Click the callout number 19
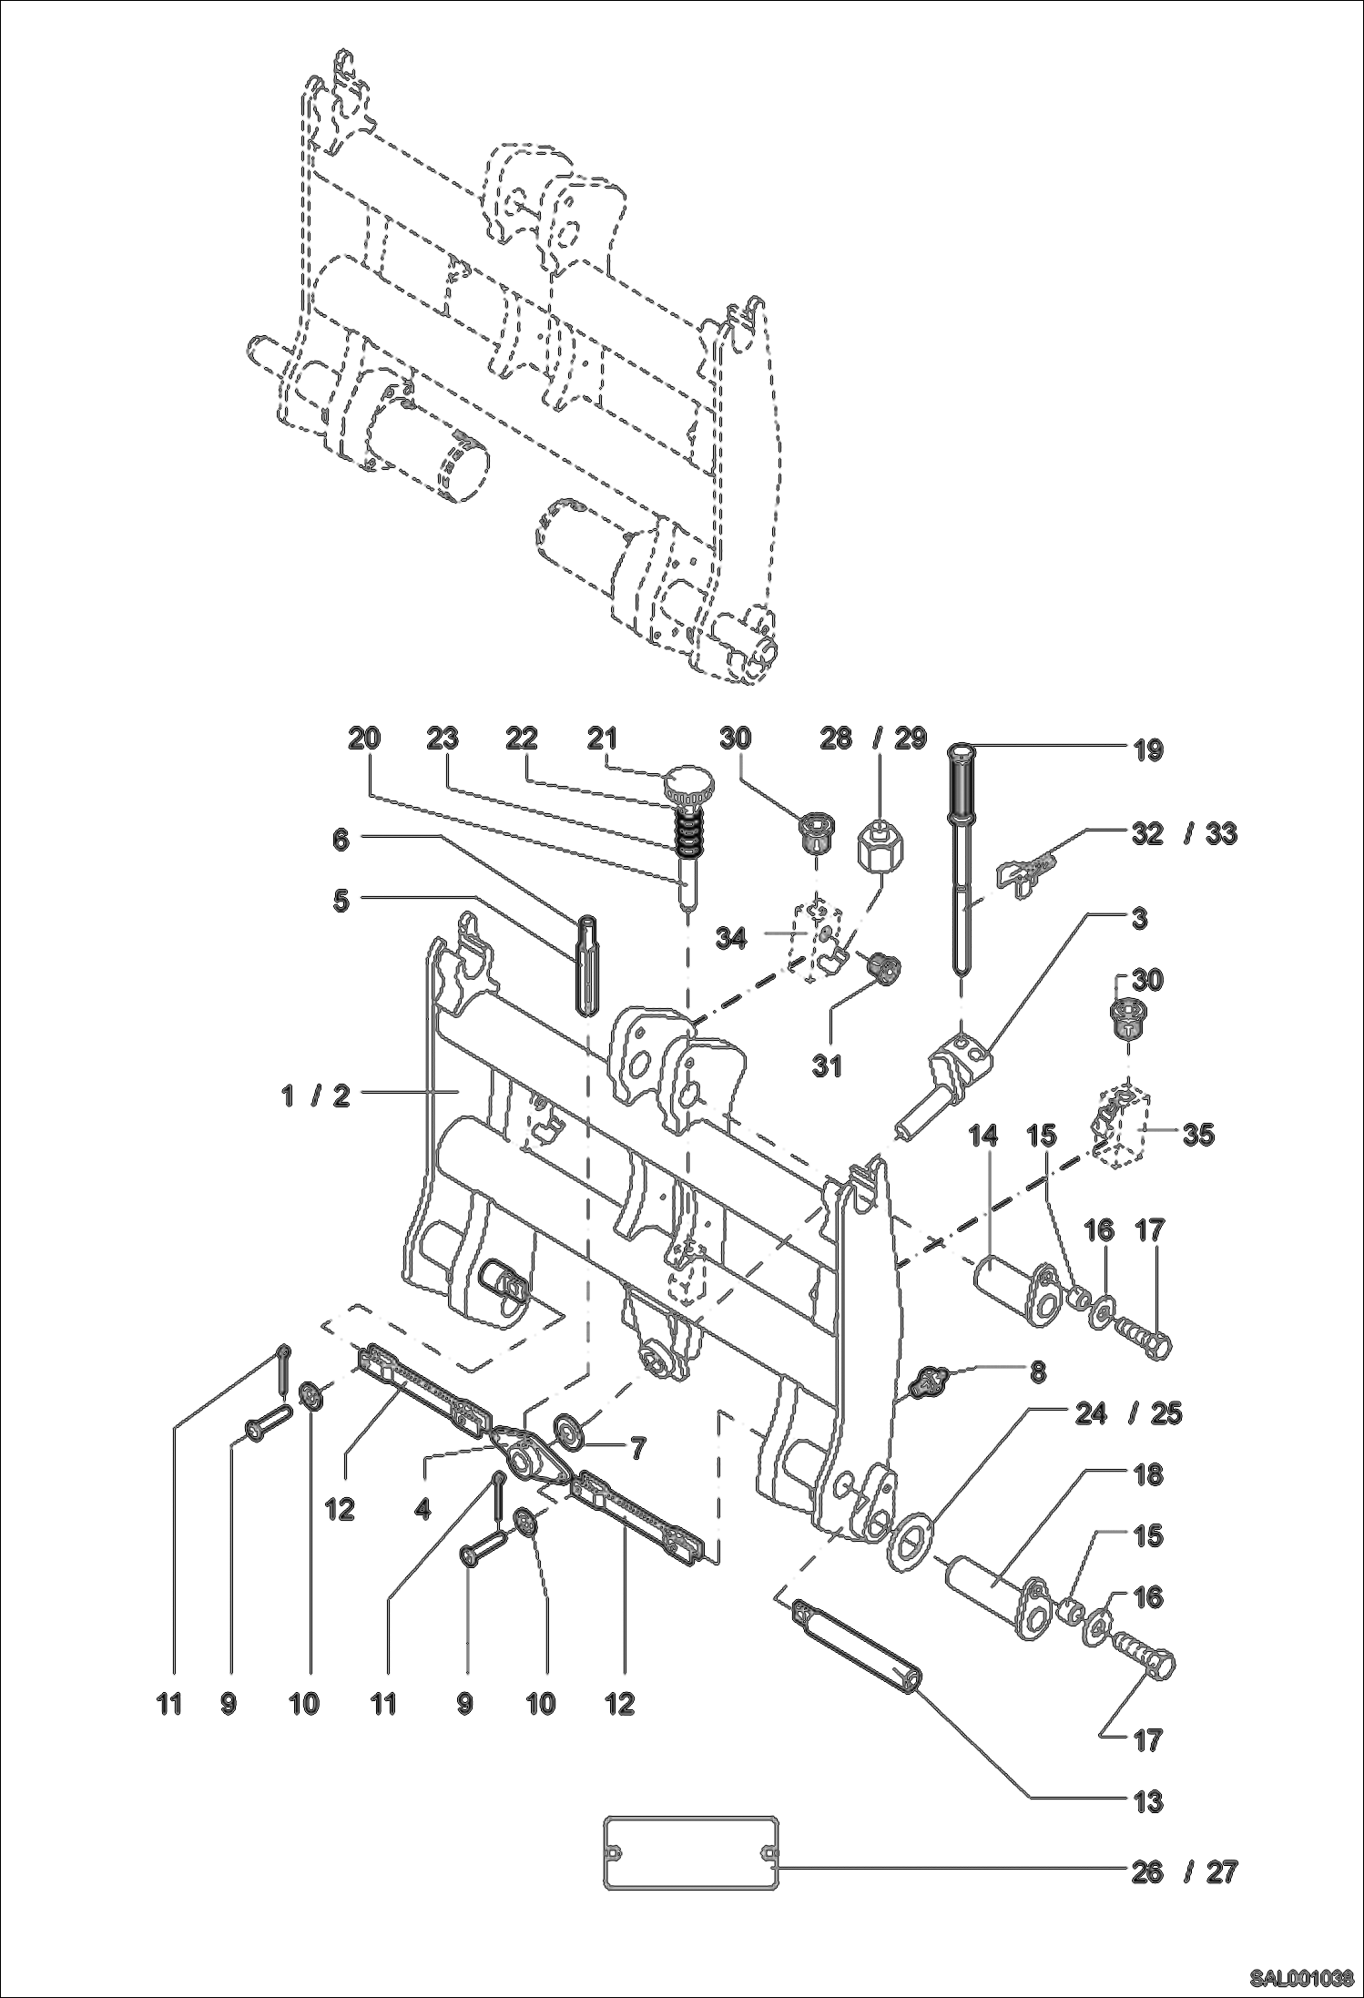pyautogui.click(x=1149, y=751)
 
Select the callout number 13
pyautogui.click(x=1149, y=1800)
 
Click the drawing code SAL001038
pyautogui.click(x=1299, y=1979)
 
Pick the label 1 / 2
pyautogui.click(x=316, y=1096)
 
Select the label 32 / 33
pyautogui.click(x=1183, y=833)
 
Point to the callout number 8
pyautogui.click(x=1038, y=1372)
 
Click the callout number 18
pyautogui.click(x=1149, y=1475)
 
